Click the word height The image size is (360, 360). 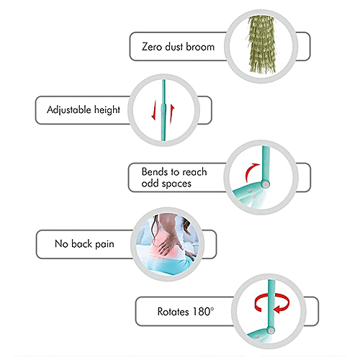pyautogui.click(x=107, y=109)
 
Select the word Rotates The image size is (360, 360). pyautogui.click(x=173, y=312)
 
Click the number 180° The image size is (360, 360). pyautogui.click(x=203, y=312)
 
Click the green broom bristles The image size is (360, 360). pyautogui.click(x=261, y=45)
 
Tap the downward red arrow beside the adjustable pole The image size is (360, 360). pyautogui.click(x=154, y=110)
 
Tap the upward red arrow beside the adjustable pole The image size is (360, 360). pyautogui.click(x=172, y=114)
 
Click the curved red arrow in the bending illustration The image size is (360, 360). pyautogui.click(x=250, y=171)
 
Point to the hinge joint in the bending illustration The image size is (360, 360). pyautogui.click(x=266, y=184)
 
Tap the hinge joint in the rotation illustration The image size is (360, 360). pyautogui.click(x=271, y=330)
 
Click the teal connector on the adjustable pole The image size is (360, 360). pyautogui.click(x=163, y=110)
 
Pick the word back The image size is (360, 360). pyautogui.click(x=81, y=244)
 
